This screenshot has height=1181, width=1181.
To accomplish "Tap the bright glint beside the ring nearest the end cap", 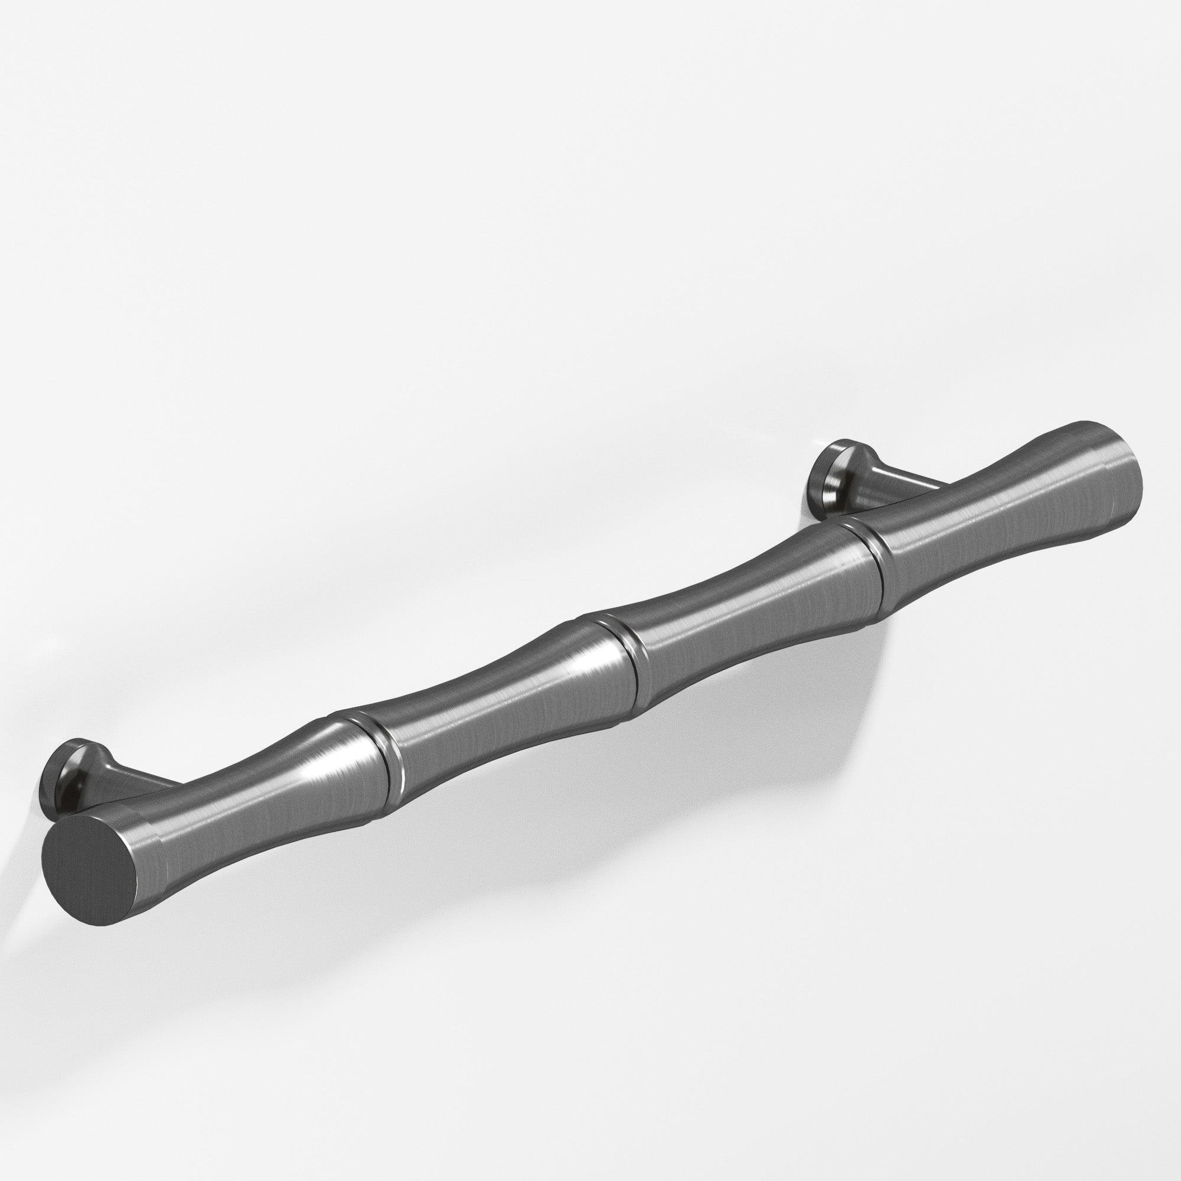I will [x=318, y=774].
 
